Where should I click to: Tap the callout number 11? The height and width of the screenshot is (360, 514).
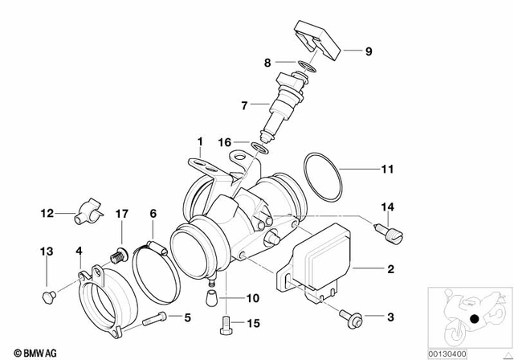point(388,169)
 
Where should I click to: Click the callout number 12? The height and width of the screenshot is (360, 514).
point(47,213)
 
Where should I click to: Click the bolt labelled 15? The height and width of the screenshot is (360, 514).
point(225,326)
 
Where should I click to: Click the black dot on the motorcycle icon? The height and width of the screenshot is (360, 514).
point(476,319)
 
